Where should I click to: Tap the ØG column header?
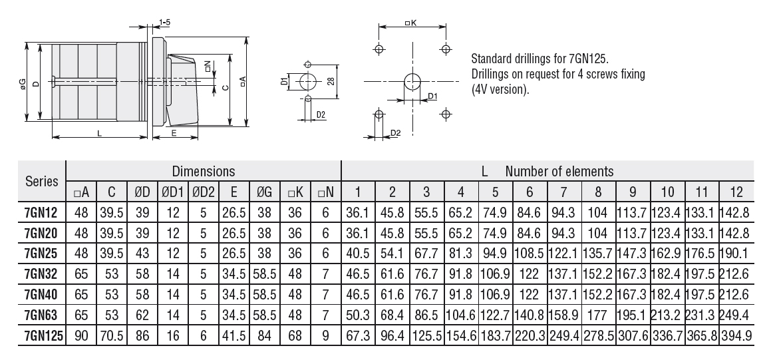point(263,192)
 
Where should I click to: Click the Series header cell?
point(41,181)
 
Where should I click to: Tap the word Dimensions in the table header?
point(204,171)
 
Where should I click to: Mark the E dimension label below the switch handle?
point(174,134)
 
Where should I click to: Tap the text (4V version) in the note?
point(500,89)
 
